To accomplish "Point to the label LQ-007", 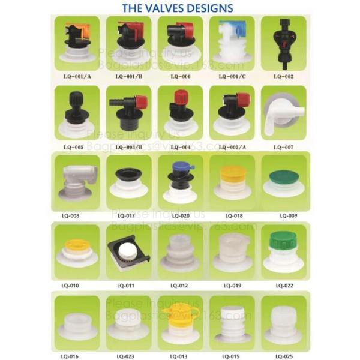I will coord(283,146).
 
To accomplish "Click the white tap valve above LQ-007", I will coord(283,114).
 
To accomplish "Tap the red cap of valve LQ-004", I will coord(181,97).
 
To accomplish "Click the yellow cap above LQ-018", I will coord(232,175).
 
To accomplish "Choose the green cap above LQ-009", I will coord(283,178).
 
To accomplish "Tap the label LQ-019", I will coord(233,286).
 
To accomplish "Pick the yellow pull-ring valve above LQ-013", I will coord(179,314).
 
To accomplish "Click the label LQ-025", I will coord(284,355).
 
